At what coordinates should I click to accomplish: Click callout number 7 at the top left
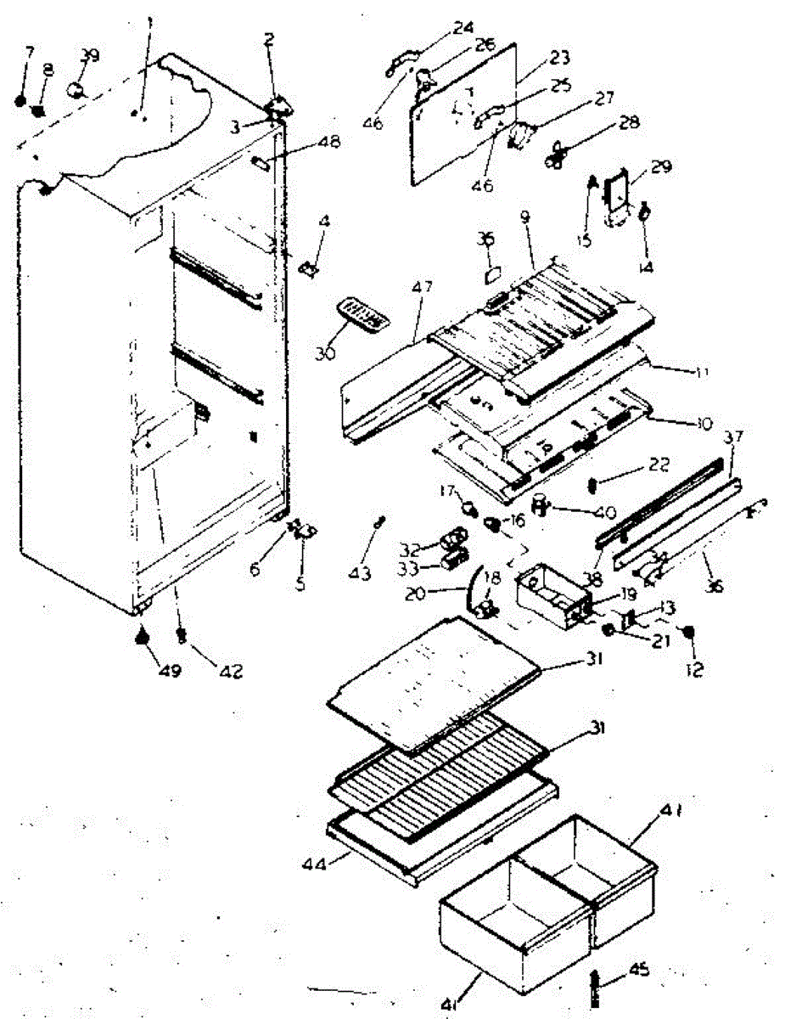[29, 54]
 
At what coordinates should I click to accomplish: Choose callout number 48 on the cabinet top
[328, 143]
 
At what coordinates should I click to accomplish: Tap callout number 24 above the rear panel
[463, 27]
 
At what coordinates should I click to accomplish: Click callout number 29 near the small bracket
[659, 167]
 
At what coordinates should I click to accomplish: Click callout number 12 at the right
[694, 670]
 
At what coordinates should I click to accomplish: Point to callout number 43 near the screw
[361, 575]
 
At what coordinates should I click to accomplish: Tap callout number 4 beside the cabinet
[324, 222]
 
